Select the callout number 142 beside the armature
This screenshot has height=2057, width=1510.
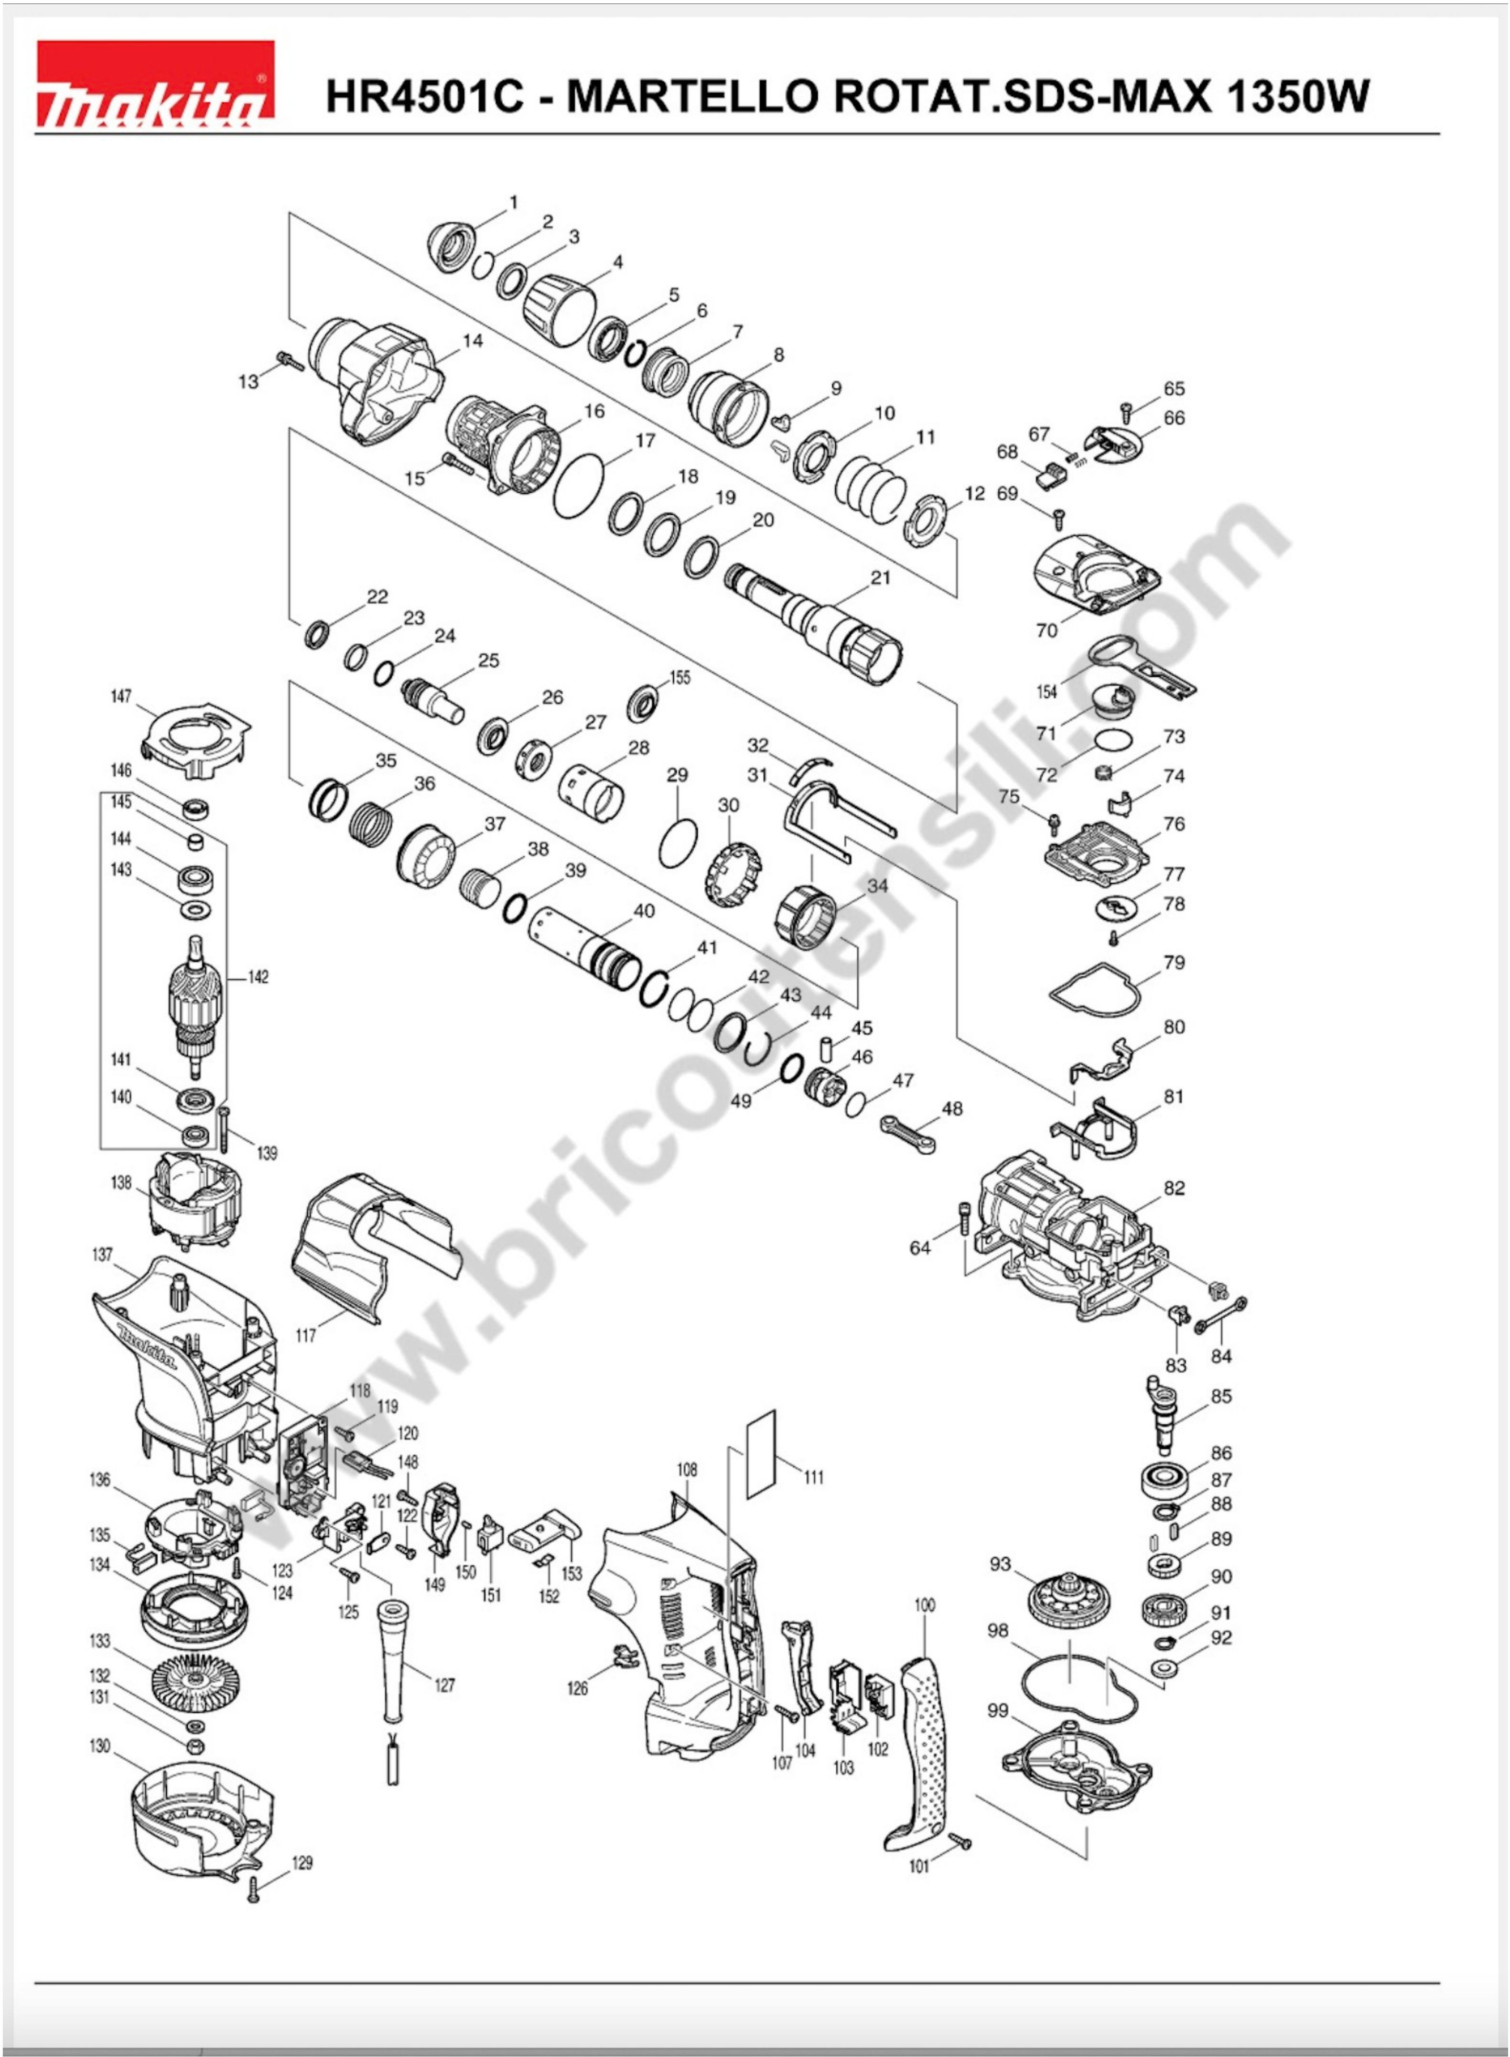259,977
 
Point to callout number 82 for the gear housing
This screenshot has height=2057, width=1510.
1175,1188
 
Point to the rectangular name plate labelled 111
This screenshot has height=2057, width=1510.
761,1453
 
